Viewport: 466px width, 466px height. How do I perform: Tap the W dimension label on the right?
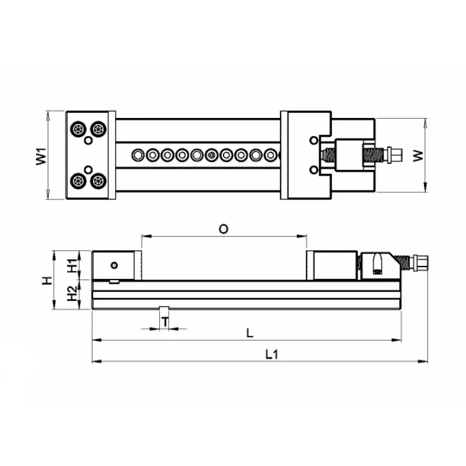418,156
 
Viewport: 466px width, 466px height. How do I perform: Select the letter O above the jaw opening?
223,229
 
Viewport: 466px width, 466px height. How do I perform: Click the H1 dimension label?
71,266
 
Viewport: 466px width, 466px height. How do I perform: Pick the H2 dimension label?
71,294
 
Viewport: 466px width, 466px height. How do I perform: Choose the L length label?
250,333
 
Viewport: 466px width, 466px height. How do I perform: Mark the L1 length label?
271,355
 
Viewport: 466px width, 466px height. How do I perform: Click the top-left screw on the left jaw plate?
77,129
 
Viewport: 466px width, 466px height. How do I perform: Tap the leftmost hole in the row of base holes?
138,155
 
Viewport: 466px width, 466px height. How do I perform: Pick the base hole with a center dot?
212,155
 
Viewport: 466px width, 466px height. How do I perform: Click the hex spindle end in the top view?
395,155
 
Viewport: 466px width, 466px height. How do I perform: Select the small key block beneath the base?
165,311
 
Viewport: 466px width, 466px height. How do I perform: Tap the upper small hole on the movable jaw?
313,140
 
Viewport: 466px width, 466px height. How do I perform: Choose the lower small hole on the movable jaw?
313,170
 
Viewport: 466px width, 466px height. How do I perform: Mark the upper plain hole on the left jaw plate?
88,141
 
